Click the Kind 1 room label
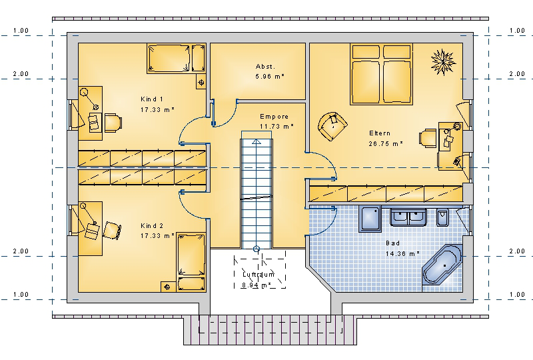coord(152,99)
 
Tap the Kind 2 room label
coord(152,225)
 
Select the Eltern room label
coord(380,133)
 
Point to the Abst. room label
coord(265,67)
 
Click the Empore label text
coord(274,117)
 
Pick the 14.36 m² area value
coord(402,253)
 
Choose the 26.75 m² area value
coord(386,143)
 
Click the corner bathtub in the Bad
coord(442,265)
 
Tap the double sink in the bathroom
coord(408,217)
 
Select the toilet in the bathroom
coord(442,217)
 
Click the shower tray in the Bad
coord(370,219)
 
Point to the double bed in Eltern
coord(381,74)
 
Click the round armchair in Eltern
coord(332,126)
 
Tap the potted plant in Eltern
coord(443,62)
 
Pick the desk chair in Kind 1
coord(113,123)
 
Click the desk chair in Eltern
coord(428,138)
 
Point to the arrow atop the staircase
coord(257,142)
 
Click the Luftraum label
coord(259,274)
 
